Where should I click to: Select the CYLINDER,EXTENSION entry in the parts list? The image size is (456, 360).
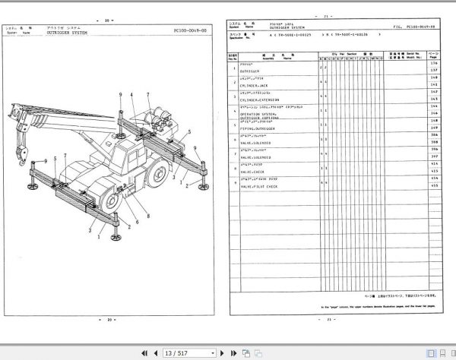point(259,100)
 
